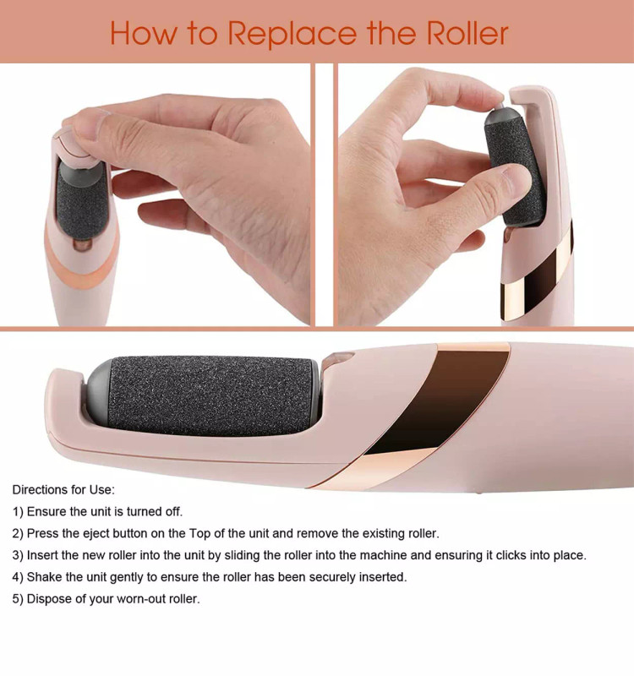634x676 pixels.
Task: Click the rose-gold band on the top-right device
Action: coord(537,276)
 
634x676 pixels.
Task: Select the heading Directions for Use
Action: coord(63,490)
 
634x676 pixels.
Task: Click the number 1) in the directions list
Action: coord(18,512)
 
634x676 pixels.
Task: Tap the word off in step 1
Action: coord(173,512)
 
